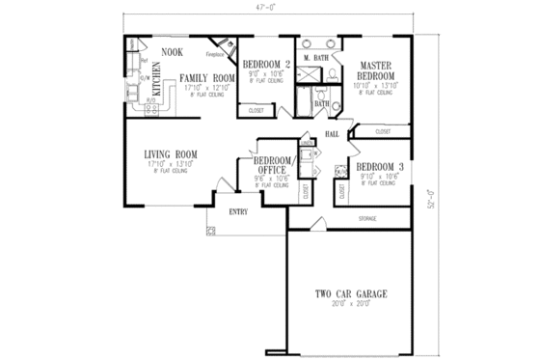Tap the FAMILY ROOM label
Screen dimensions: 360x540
point(207,76)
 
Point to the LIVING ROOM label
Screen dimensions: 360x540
point(172,153)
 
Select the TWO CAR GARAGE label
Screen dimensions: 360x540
point(351,292)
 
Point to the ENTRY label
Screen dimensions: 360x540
point(239,211)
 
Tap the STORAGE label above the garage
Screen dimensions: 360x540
point(367,219)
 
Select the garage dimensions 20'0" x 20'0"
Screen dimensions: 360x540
point(351,304)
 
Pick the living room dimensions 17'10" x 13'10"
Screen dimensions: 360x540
point(172,164)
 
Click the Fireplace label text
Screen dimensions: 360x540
point(215,55)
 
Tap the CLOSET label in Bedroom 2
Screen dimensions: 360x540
point(256,111)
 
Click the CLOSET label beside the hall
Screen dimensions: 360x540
point(383,130)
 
